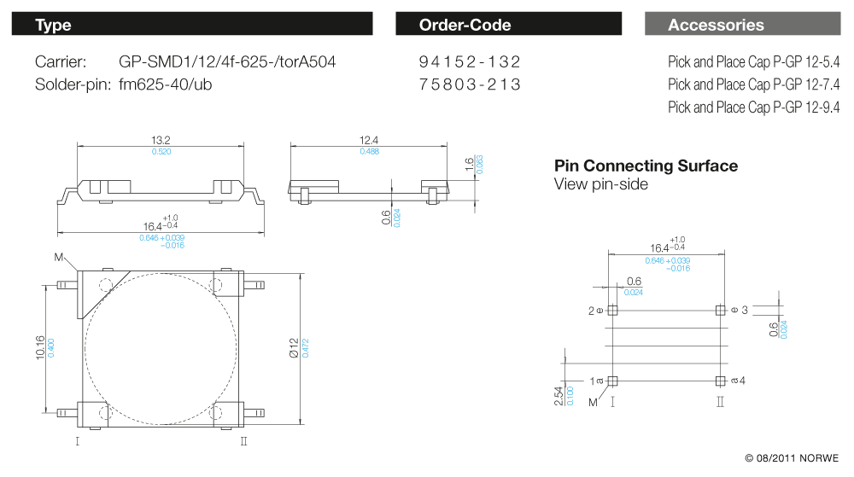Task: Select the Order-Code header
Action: (508, 25)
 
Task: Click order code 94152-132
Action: (470, 62)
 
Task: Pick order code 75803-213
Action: (470, 84)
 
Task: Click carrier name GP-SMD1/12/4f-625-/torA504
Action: (227, 62)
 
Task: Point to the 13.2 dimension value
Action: (161, 140)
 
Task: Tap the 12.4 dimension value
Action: (369, 140)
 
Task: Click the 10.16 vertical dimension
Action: (40, 346)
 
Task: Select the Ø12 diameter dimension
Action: (294, 347)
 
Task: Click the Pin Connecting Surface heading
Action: (646, 166)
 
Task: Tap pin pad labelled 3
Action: (721, 310)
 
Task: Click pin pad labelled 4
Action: (721, 380)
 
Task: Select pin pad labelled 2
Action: (612, 310)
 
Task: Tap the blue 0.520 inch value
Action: (161, 151)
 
